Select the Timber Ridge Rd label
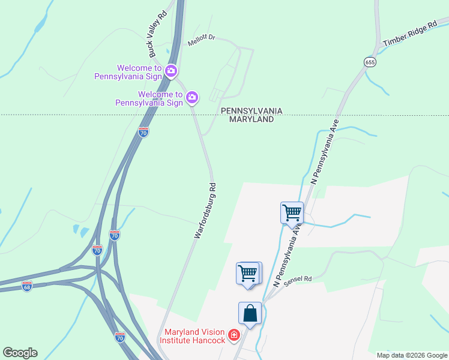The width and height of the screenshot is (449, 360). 411,35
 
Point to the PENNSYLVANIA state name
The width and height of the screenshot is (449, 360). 252,111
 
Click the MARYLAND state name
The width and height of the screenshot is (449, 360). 252,119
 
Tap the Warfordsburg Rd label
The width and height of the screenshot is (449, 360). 205,211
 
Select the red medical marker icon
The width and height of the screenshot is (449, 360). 234,335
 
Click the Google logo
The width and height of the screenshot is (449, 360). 20,353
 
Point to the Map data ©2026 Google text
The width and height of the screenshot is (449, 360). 412,355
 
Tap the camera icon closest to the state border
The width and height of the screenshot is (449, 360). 192,97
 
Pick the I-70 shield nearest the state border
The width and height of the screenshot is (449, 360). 143,132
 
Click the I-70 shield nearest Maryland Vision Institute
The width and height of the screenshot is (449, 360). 119,337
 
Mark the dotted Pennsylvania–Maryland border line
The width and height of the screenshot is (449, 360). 360,115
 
